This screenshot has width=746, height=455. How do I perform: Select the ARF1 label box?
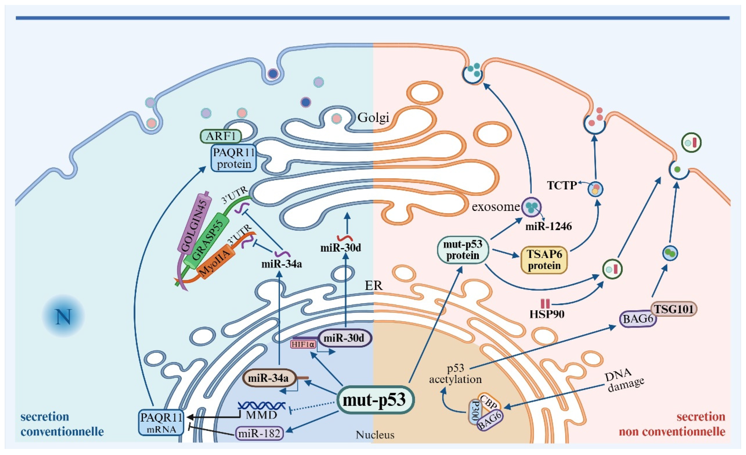click(x=221, y=136)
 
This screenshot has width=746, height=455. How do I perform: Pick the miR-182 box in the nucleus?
click(x=259, y=433)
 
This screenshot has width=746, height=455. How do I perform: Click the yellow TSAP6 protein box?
click(x=544, y=260)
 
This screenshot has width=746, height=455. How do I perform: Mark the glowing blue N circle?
click(x=63, y=316)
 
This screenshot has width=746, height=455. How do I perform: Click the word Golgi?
click(x=373, y=117)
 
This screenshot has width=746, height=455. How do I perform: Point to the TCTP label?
click(x=562, y=185)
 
